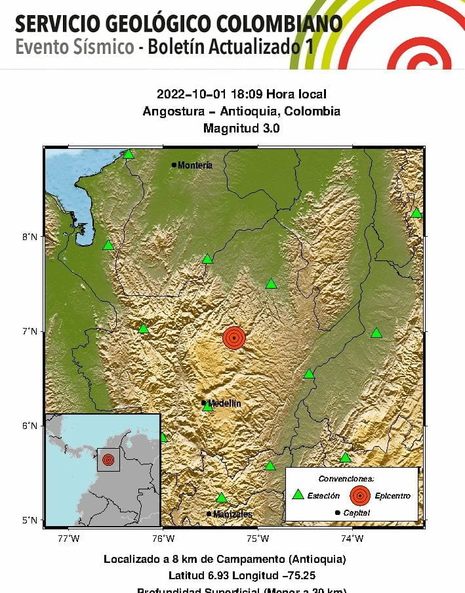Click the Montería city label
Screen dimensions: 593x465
click(195, 165)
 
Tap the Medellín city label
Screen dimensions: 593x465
click(224, 403)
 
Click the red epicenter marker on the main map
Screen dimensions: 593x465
click(234, 337)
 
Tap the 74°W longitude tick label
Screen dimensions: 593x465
click(352, 539)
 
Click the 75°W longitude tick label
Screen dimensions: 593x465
click(258, 539)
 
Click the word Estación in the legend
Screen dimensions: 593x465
click(324, 496)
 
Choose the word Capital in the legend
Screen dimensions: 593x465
click(356, 513)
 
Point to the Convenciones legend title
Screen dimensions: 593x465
click(346, 478)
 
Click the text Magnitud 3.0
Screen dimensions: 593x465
click(241, 129)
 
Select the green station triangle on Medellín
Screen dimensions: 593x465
click(207, 407)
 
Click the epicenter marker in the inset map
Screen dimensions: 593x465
click(108, 459)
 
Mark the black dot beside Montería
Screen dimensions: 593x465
click(174, 165)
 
